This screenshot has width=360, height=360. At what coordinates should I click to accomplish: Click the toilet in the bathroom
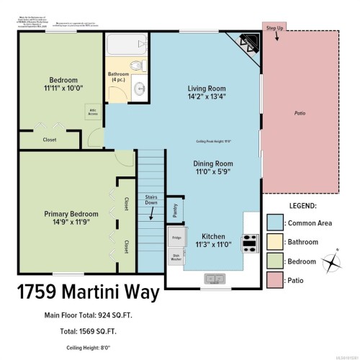[x=137, y=66]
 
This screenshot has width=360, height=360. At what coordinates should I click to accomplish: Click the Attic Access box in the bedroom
[x=92, y=112]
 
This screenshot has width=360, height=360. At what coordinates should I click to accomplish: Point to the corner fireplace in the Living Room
[x=247, y=44]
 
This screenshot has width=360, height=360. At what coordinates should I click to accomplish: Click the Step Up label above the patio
[x=275, y=28]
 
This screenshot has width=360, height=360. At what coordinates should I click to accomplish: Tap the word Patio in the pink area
[x=299, y=113]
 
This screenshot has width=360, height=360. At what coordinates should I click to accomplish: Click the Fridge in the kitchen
[x=176, y=236]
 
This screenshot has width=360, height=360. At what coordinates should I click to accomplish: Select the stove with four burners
[x=250, y=243]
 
